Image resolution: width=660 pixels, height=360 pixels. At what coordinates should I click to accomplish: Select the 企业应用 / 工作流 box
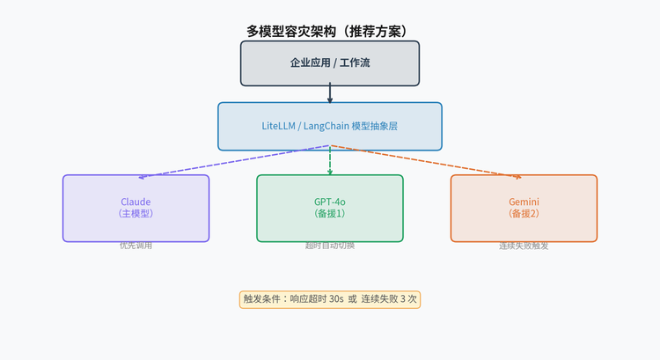coord(330,63)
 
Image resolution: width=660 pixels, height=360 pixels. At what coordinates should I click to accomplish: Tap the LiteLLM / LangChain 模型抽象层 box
coord(330,126)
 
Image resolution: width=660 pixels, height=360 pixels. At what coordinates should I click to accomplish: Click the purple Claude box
coord(136,208)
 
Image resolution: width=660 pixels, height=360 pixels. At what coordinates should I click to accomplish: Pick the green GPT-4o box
coord(330,208)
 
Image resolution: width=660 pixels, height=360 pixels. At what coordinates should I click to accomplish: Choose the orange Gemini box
coord(524,208)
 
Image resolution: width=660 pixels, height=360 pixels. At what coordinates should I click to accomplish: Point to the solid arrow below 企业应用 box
coord(330,93)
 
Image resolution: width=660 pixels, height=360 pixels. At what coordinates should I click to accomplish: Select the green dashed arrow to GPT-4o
coord(330,160)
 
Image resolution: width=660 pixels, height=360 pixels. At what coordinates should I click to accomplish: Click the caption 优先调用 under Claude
coord(136,246)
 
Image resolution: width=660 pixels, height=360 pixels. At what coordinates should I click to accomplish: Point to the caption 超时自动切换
coord(330,246)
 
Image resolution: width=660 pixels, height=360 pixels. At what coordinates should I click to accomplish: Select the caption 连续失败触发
coord(524,246)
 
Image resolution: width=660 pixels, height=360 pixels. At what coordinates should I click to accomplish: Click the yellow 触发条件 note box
coord(330,299)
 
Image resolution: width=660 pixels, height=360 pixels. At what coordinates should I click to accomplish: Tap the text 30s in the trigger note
coord(336,299)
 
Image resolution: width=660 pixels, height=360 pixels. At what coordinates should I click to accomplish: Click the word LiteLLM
coord(280,126)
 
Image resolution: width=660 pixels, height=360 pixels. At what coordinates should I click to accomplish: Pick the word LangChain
coord(326,126)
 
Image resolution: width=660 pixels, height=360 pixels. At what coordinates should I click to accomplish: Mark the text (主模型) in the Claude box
coord(136,214)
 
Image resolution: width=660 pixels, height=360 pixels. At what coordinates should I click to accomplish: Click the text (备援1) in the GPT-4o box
coord(330,214)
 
